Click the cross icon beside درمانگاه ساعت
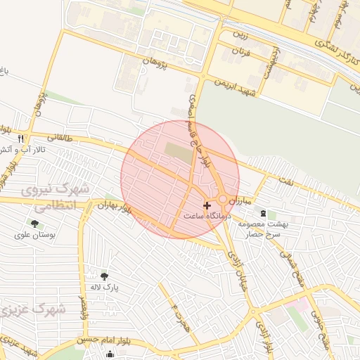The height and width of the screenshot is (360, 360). tap(206, 205)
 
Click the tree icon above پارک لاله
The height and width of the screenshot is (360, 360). tap(105, 276)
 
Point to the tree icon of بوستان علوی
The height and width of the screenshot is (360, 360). tap(34, 224)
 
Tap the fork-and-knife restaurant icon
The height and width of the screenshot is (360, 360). tap(21, 139)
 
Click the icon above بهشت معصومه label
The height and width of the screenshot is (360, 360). tap(263, 213)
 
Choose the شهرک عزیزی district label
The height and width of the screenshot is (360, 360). tap(32, 309)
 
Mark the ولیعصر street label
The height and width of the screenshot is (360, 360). tap(83, 307)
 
